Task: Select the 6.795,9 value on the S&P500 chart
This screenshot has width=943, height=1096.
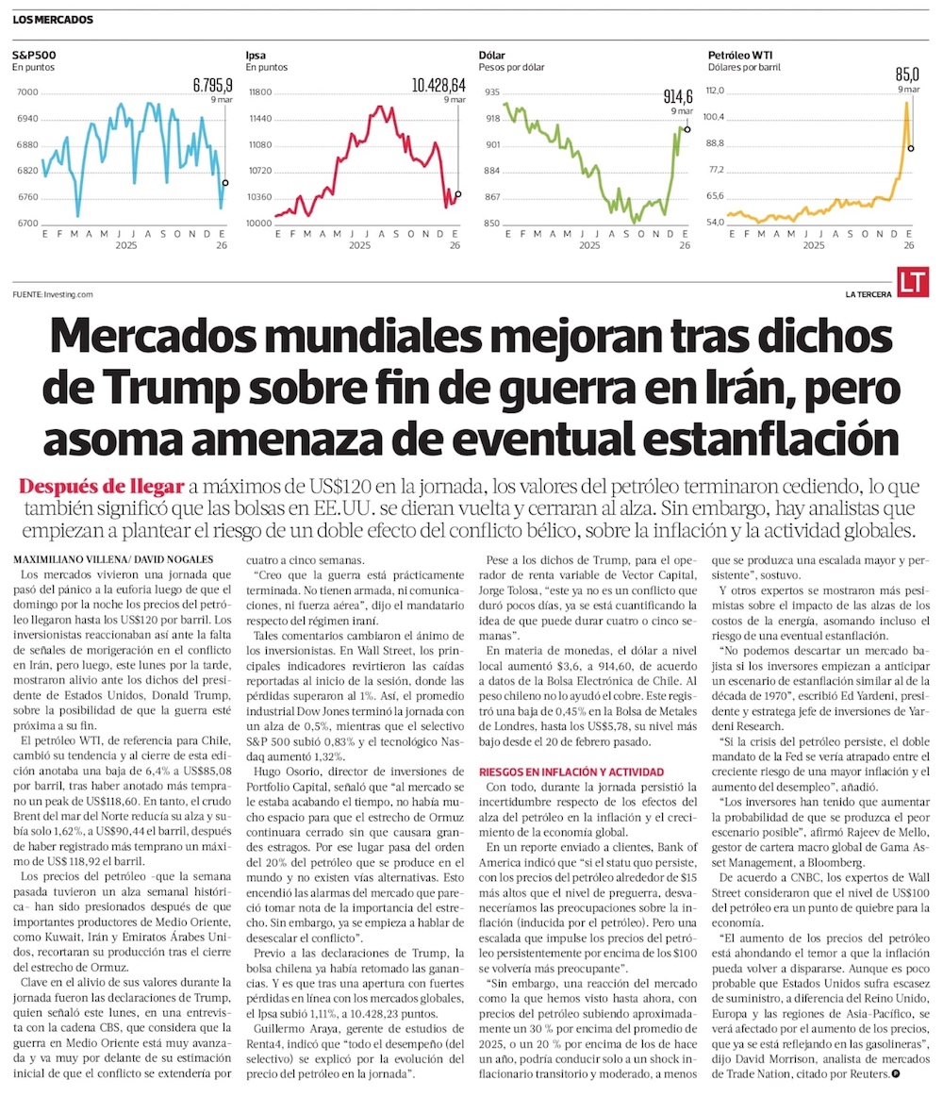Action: tap(211, 85)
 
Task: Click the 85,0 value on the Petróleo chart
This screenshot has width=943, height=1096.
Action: tap(907, 74)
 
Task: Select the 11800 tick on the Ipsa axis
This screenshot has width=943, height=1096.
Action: tap(259, 91)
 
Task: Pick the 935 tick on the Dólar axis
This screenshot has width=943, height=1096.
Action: tap(492, 91)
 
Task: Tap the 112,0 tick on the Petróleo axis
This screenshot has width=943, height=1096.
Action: tap(722, 91)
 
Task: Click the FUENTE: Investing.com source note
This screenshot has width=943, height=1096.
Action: tap(53, 294)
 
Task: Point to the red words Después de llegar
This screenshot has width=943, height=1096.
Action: tap(102, 487)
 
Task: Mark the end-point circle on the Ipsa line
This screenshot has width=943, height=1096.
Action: tap(457, 195)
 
